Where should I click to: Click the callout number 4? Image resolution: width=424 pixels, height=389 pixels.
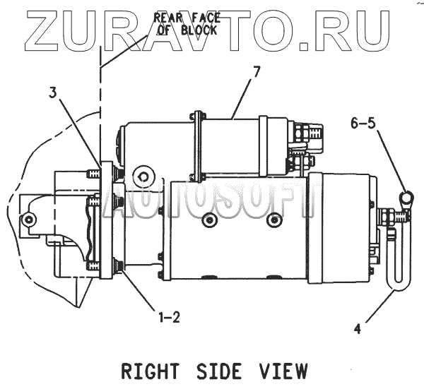(357, 328)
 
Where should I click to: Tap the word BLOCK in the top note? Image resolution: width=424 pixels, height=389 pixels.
(199, 30)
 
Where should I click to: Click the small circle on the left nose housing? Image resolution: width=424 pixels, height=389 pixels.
(28, 220)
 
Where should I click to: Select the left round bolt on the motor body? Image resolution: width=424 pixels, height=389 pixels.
(208, 220)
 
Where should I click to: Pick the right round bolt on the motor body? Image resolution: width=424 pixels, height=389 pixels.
(273, 220)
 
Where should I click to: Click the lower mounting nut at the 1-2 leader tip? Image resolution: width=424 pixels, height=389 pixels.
(118, 266)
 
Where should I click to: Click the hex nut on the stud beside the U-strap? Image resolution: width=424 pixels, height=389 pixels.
(387, 215)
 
